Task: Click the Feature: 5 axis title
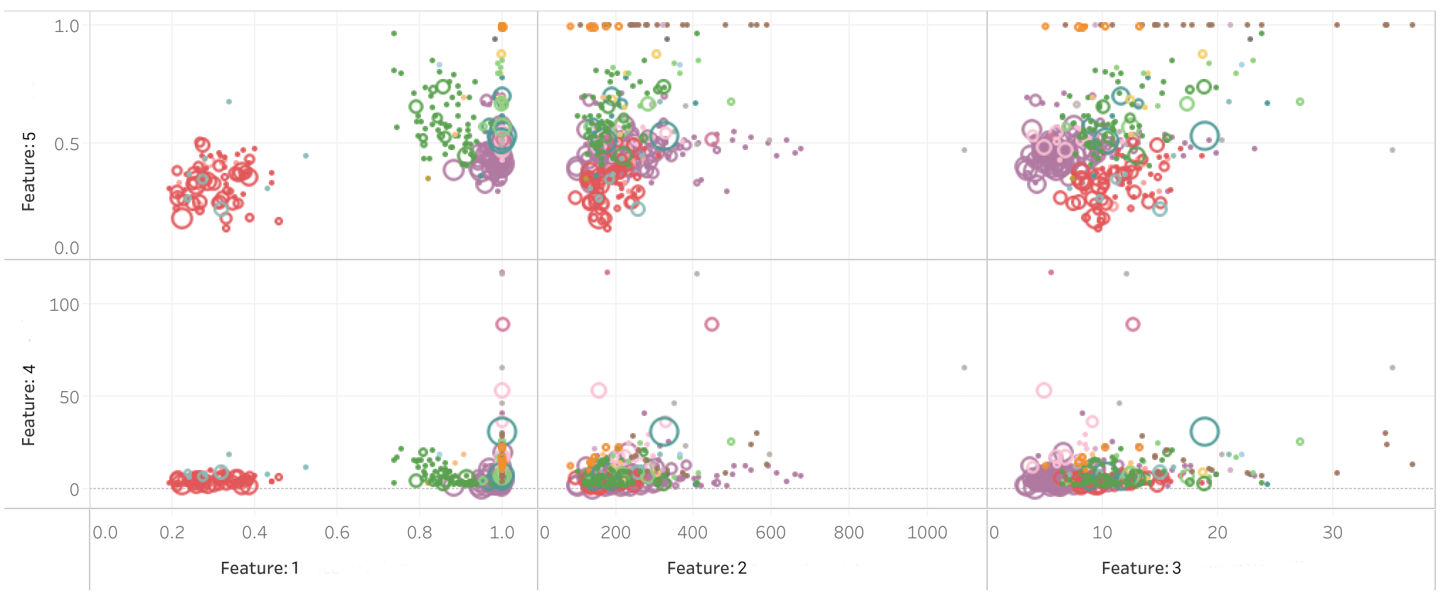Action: click(28, 171)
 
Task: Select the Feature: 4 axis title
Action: click(28, 405)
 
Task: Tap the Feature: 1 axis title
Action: click(260, 568)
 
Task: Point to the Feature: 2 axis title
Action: click(706, 568)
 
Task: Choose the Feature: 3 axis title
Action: click(1141, 568)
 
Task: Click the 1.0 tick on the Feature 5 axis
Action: click(67, 26)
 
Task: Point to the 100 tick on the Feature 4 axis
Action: click(64, 305)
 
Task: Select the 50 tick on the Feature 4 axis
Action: click(69, 397)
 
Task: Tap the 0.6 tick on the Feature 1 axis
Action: click(336, 533)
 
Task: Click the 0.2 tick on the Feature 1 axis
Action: click(171, 533)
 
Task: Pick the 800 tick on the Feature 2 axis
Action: click(848, 533)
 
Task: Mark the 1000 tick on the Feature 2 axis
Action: click(927, 533)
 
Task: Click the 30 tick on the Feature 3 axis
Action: click(1332, 533)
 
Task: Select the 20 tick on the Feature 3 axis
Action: click(1217, 533)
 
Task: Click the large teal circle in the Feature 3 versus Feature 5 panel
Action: click(1205, 135)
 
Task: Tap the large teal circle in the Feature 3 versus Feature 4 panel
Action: click(1205, 431)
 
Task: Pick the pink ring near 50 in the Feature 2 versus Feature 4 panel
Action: click(599, 390)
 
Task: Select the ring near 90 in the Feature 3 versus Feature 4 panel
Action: click(1133, 324)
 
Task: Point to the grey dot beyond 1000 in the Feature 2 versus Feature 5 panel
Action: click(964, 150)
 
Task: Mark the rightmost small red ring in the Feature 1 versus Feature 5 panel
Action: click(279, 221)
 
